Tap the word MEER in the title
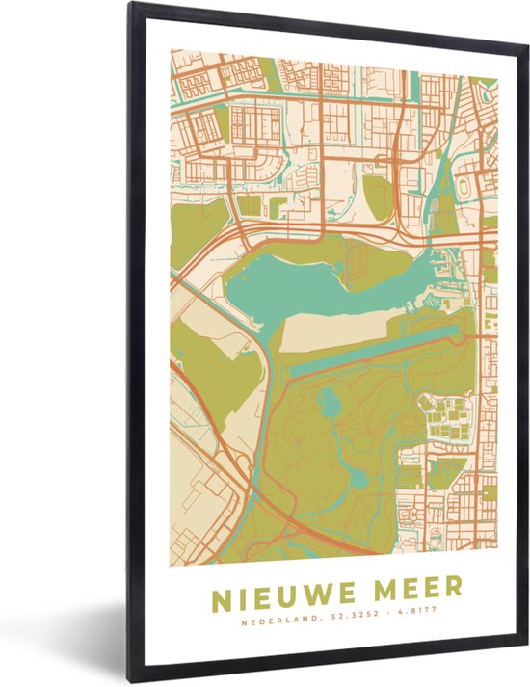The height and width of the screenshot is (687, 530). tap(416, 588)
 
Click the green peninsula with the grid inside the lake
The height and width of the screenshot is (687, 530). tap(361, 255)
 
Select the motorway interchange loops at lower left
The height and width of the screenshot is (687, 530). tap(289, 525)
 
